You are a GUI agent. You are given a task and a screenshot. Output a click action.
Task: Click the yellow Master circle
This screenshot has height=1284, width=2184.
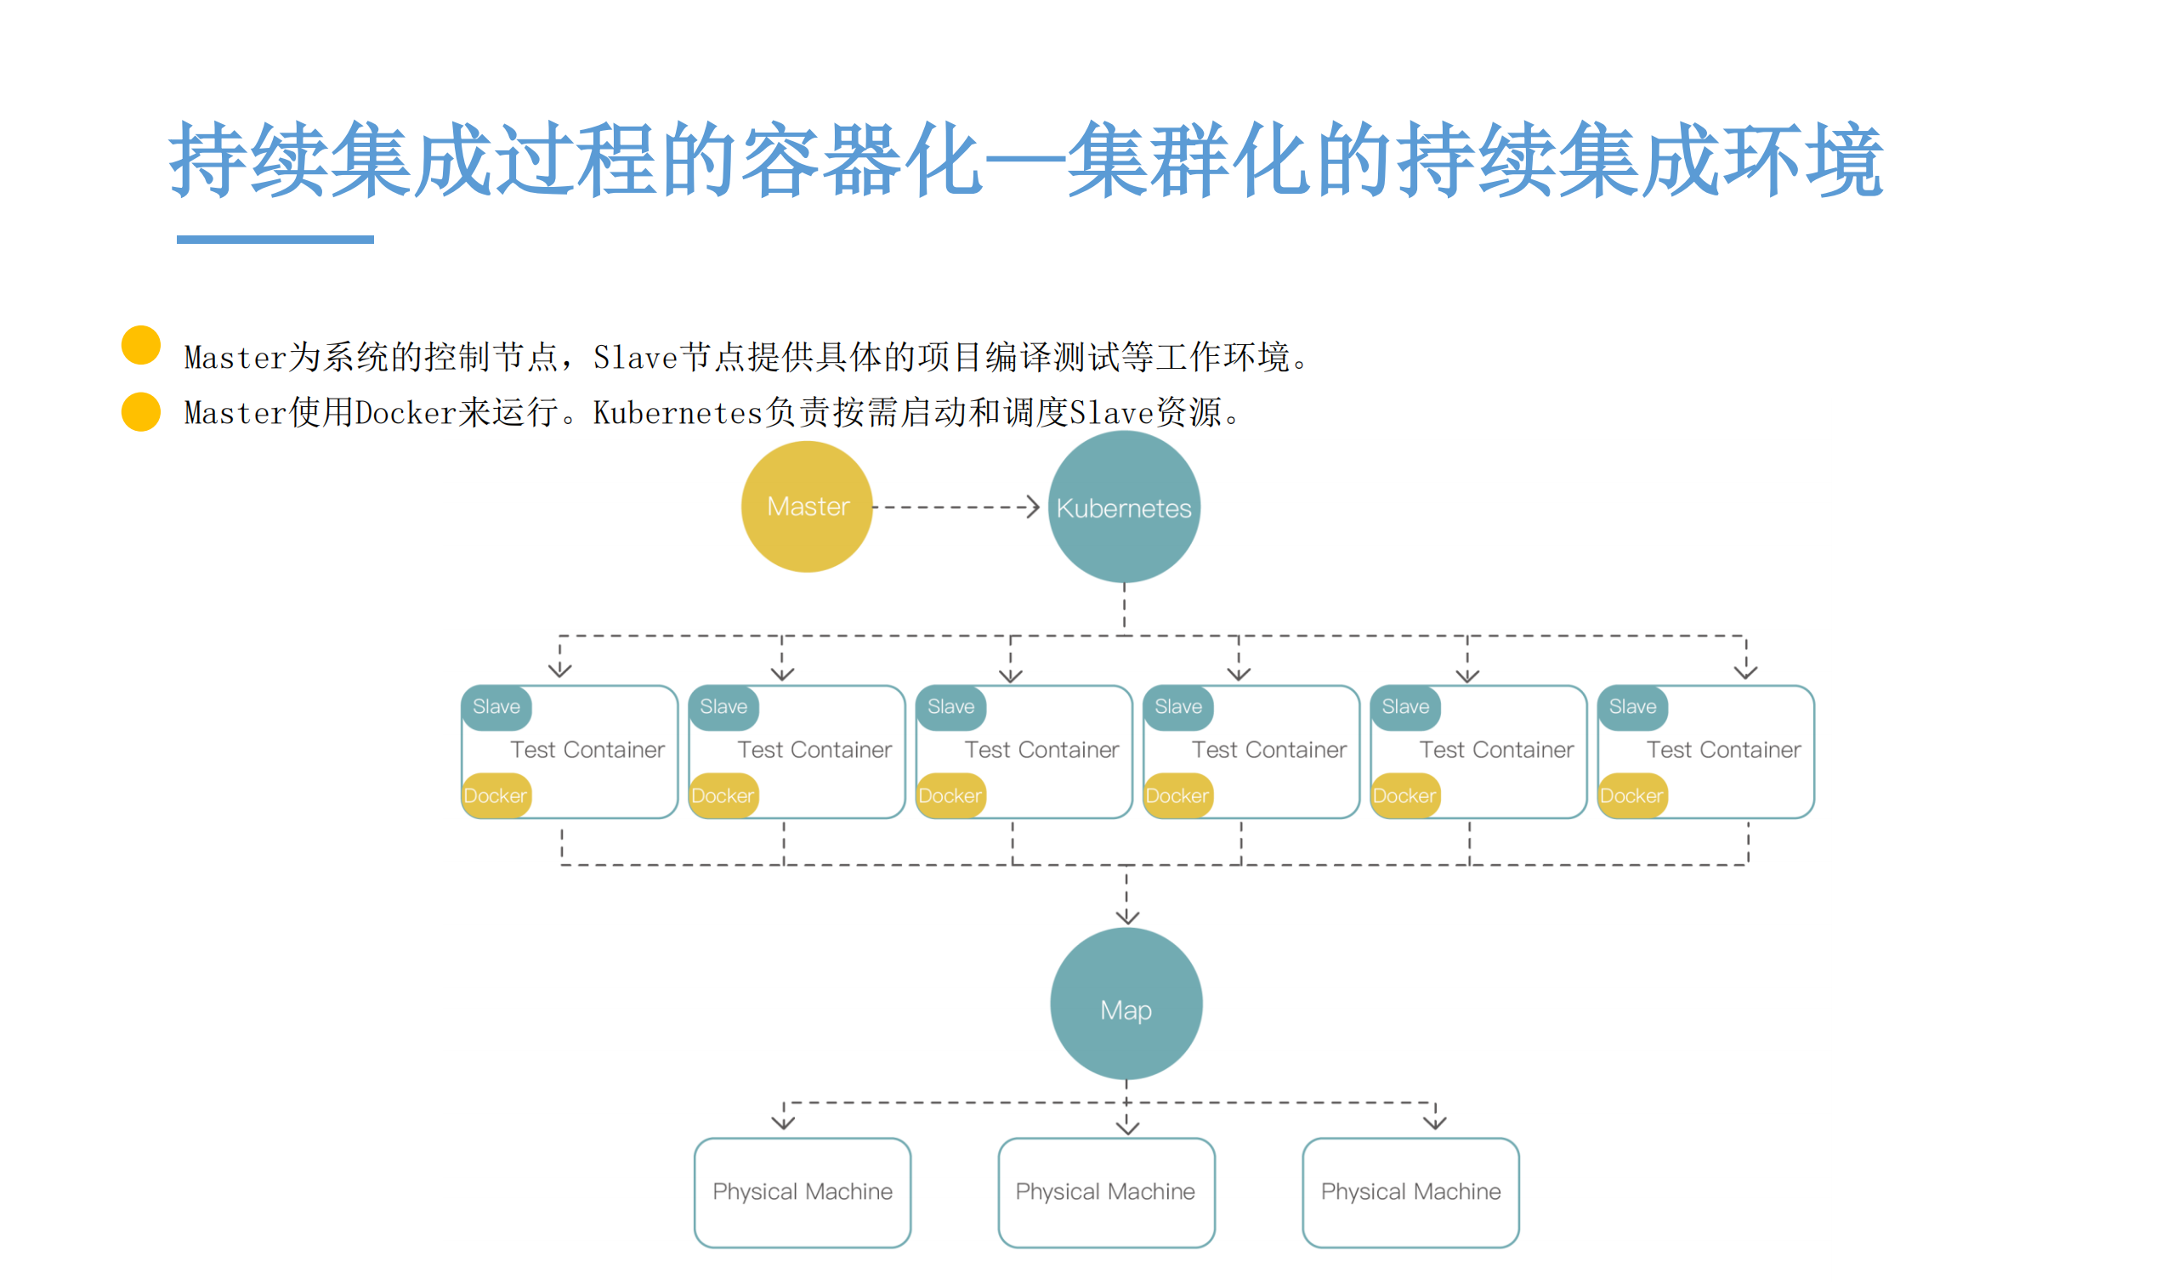tap(807, 506)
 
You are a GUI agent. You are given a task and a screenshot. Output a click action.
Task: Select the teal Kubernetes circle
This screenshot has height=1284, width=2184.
tap(1124, 506)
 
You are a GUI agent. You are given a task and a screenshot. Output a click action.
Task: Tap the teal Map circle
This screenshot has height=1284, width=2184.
tap(1126, 1004)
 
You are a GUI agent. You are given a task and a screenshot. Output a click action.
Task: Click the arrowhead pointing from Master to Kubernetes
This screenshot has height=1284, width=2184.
tap(1032, 506)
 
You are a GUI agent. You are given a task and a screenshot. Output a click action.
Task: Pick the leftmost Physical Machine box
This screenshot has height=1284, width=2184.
tap(803, 1192)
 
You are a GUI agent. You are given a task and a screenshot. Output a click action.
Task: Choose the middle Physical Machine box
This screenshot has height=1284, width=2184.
tap(1106, 1192)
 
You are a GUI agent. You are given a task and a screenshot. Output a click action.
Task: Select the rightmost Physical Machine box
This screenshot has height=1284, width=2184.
tap(1410, 1192)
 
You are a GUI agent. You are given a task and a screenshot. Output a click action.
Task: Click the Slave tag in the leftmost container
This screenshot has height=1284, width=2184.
tap(496, 707)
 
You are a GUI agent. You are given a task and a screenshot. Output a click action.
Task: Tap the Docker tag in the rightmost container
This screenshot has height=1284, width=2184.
tap(1631, 795)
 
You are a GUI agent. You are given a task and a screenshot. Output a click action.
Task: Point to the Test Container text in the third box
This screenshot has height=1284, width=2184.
tap(1041, 749)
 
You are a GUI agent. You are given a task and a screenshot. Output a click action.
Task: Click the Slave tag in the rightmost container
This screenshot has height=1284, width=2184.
tap(1633, 707)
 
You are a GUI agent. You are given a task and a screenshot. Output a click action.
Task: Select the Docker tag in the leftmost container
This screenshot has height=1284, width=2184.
tap(496, 795)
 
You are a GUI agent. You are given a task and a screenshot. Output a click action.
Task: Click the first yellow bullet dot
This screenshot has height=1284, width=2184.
tap(141, 345)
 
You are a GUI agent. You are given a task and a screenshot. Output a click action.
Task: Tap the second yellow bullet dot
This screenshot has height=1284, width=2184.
tap(141, 411)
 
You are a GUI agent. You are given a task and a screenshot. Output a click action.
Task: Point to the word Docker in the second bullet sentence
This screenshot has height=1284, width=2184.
tap(406, 413)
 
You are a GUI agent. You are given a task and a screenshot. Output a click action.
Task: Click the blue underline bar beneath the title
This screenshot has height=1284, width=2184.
tap(275, 239)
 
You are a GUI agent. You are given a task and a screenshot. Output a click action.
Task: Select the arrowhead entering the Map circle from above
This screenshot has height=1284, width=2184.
tap(1126, 917)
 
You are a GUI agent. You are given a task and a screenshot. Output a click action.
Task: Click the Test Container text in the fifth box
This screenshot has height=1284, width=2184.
tap(1496, 749)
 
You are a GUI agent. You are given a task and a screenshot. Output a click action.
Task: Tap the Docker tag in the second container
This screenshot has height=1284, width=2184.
tap(723, 795)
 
